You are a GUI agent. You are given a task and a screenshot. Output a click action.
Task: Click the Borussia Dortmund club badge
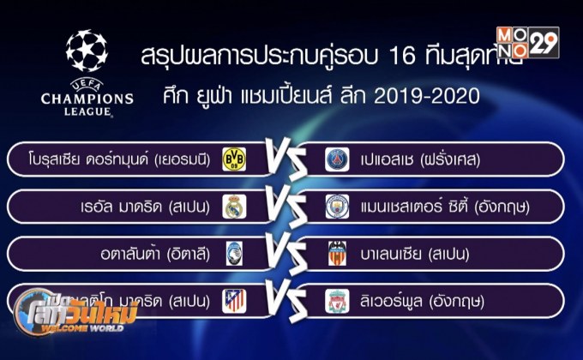233,159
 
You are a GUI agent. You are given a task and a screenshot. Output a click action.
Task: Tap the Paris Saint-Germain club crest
336,159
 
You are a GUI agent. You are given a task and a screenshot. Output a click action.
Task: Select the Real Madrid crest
233,207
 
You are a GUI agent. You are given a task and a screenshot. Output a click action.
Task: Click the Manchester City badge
336,207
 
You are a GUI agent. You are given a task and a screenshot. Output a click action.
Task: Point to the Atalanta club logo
233,254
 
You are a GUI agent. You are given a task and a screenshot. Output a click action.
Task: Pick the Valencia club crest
336,254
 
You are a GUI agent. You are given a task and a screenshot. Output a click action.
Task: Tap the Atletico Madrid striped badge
233,300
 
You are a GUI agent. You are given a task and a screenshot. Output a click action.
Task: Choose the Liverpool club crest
336,300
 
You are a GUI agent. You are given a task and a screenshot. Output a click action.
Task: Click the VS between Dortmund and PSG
284,159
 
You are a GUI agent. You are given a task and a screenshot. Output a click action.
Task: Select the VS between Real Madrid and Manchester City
284,207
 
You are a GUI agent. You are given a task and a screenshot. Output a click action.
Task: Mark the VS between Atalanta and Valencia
284,254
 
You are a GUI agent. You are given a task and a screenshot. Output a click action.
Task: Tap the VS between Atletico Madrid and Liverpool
284,300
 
